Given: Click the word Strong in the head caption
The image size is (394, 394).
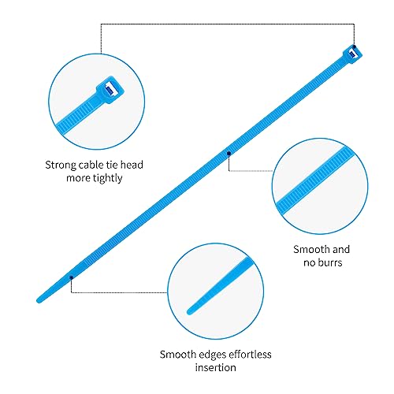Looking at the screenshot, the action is point(61,165).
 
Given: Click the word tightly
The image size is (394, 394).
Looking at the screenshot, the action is point(108,178).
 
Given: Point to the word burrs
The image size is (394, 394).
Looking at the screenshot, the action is point(329,262).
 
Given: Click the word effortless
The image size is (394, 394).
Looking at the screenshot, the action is point(250,355).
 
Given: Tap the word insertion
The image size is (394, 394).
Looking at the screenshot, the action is point(215,367).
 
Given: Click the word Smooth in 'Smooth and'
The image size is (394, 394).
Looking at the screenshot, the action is point(308,249).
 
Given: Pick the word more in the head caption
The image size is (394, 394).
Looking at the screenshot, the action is point(78,178).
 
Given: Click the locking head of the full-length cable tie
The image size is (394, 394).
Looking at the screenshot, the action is point(352,54).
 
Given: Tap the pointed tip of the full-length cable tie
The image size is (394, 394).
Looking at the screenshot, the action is point(39,300).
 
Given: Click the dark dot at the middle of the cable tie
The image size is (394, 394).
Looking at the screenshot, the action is point(229,154).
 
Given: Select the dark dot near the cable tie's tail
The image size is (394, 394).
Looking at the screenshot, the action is point(71,277).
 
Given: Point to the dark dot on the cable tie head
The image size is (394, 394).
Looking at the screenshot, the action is point(354,46).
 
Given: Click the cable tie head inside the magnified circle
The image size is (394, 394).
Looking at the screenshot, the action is point(110,90).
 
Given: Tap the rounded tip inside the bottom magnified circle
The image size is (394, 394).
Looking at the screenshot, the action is point(190,312).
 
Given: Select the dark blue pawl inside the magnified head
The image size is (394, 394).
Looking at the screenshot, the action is point(110,90).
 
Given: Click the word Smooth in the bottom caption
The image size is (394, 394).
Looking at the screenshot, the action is point(178,355).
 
